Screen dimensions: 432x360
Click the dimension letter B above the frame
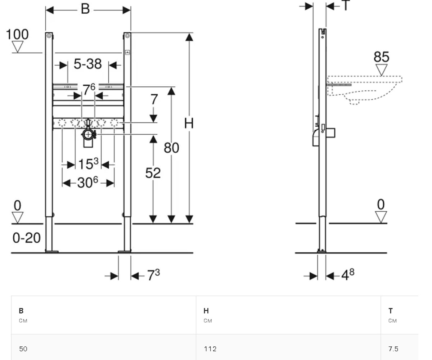click(x=85, y=9)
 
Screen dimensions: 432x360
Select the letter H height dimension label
click(x=189, y=123)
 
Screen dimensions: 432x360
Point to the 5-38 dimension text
click(x=88, y=64)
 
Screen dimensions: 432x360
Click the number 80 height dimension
click(x=171, y=148)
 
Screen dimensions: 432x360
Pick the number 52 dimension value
click(x=153, y=173)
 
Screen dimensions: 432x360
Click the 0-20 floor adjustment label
click(x=27, y=238)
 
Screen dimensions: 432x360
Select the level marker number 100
click(x=17, y=34)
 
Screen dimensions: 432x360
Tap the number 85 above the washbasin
click(x=381, y=57)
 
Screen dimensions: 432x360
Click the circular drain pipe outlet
click(x=88, y=135)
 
